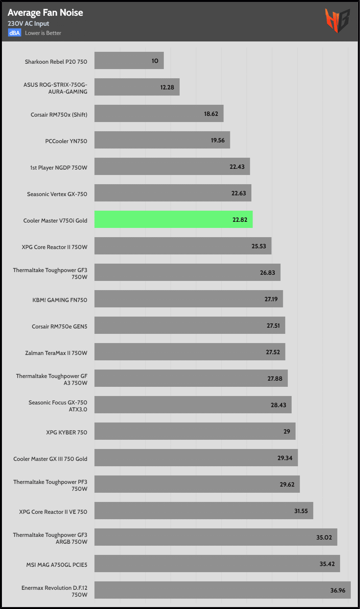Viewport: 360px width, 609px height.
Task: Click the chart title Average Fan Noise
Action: [x=45, y=13]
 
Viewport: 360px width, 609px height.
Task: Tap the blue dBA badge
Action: [x=15, y=33]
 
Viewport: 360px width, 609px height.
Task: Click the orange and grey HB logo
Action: [x=337, y=20]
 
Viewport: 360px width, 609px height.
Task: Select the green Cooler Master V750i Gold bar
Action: [x=173, y=220]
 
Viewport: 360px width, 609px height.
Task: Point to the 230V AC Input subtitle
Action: [x=28, y=24]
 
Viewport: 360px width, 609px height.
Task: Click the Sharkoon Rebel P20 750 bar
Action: [x=129, y=61]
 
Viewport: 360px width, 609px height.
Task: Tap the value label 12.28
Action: [x=167, y=87]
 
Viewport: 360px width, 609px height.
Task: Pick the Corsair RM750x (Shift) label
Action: [x=59, y=115]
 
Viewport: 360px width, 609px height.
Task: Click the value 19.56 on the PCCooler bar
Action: [x=218, y=140]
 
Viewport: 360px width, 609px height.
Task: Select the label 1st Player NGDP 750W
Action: [x=58, y=168]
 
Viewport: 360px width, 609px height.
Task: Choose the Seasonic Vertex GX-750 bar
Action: [x=173, y=193]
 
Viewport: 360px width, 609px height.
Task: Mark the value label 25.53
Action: [x=259, y=246]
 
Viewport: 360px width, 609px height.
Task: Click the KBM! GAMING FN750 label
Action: [x=59, y=300]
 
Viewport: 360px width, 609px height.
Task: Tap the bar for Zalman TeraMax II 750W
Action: [x=190, y=352]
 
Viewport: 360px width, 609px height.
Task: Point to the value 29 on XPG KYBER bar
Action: [x=287, y=432]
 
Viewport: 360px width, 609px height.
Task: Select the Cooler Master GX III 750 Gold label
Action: [x=50, y=459]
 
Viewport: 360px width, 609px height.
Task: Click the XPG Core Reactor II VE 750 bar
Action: [x=203, y=511]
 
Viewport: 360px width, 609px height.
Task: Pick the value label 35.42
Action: [x=327, y=564]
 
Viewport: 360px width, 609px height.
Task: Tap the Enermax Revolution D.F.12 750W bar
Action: [x=222, y=590]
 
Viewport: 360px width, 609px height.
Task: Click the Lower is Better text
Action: [x=43, y=33]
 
